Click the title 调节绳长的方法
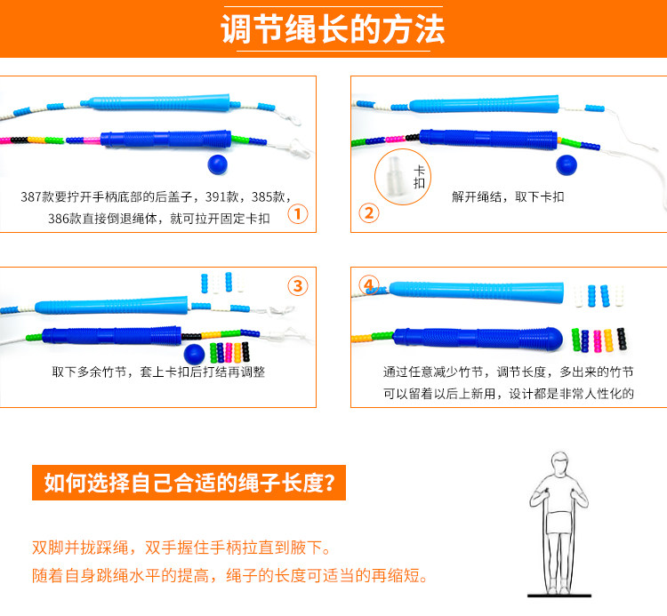[333, 30]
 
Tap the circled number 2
[368, 212]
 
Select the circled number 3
[299, 285]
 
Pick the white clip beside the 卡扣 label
[392, 174]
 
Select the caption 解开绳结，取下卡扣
[508, 196]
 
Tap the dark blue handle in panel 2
[487, 139]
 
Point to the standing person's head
[559, 462]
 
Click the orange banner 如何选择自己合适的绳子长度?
[189, 484]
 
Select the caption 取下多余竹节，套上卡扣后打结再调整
[158, 372]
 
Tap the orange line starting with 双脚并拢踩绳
[186, 548]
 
